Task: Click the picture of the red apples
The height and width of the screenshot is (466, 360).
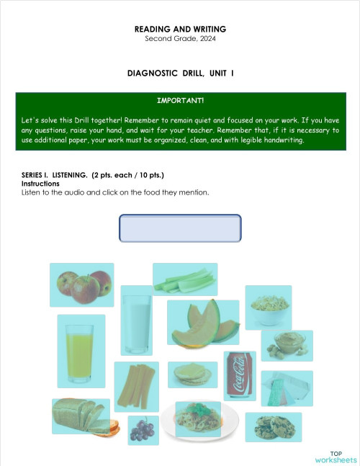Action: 81,284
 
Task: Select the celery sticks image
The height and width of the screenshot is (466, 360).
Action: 185,279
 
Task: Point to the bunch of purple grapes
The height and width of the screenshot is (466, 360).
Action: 143,430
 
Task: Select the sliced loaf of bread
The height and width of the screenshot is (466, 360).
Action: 81,416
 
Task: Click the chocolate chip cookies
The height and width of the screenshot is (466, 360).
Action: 274,426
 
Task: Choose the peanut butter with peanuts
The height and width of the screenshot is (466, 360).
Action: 287,346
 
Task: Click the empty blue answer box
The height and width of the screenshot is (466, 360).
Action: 179,228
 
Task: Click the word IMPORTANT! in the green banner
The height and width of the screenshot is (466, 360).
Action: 180,100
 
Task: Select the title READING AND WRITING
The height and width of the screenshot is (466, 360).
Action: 180,29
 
